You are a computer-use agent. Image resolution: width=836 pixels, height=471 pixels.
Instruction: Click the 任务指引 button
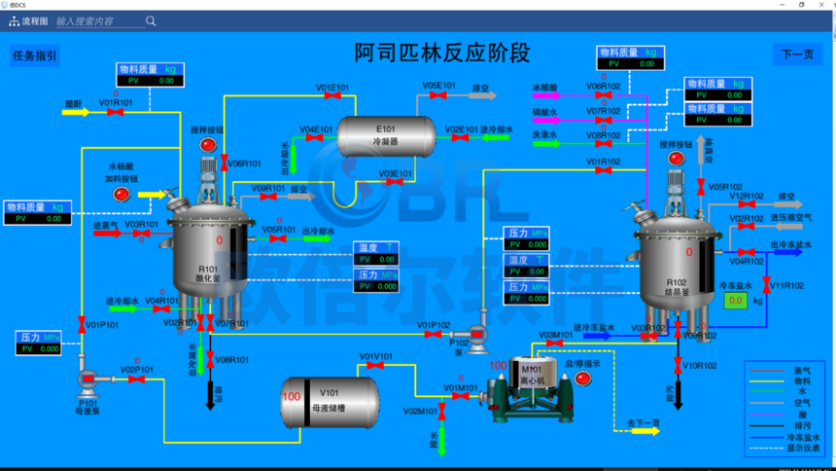tap(34, 55)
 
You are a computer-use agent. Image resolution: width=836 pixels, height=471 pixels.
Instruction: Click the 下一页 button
tap(797, 54)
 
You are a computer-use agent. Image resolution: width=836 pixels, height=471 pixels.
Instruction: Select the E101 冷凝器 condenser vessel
tap(386, 135)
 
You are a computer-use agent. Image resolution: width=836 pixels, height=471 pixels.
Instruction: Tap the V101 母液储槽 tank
tap(331, 402)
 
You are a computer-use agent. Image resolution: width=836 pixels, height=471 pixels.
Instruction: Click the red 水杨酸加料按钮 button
tap(122, 195)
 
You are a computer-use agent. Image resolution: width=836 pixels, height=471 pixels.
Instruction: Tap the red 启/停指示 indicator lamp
tap(582, 379)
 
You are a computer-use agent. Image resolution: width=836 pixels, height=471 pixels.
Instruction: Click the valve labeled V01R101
tap(115, 112)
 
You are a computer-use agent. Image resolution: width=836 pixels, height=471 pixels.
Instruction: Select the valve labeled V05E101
tap(438, 95)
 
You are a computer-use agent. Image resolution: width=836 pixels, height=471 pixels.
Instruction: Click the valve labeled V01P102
tap(433, 335)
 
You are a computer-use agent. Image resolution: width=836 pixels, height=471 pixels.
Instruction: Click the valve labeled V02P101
tap(136, 380)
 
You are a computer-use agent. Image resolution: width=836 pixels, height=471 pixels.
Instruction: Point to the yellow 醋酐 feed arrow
tap(75, 112)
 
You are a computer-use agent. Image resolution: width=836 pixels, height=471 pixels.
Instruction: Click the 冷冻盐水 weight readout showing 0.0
tap(736, 301)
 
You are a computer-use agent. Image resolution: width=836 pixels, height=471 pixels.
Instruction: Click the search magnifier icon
tap(151, 20)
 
